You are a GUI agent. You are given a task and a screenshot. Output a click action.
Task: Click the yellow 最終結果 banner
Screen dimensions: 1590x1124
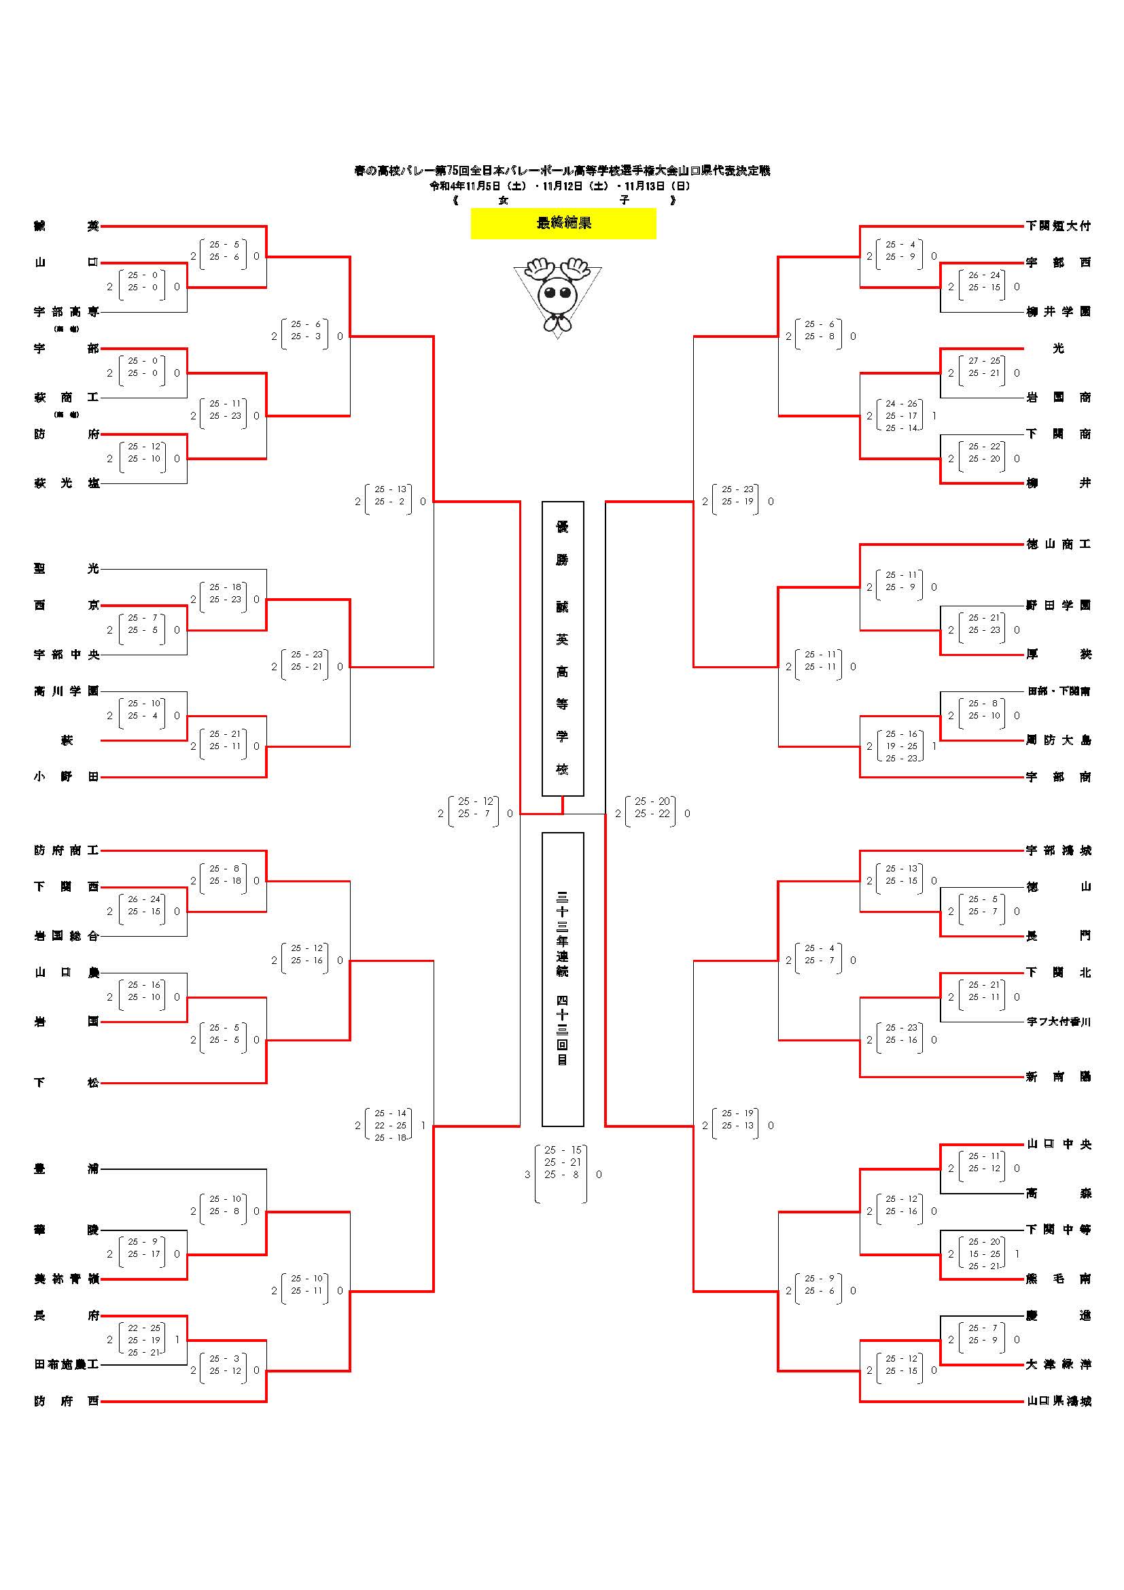[x=563, y=223]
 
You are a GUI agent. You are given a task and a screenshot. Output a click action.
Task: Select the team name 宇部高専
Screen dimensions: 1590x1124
[x=67, y=311]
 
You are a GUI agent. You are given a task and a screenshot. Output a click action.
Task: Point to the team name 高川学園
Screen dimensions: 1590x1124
[x=67, y=691]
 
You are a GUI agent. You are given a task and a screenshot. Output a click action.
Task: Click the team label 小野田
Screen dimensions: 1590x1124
[x=67, y=777]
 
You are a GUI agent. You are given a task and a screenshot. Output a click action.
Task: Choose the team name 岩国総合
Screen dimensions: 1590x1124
[x=67, y=935]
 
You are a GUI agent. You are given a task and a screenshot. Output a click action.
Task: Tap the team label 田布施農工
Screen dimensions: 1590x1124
[x=67, y=1364]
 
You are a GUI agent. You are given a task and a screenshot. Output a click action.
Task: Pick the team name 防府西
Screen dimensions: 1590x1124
[x=67, y=1402]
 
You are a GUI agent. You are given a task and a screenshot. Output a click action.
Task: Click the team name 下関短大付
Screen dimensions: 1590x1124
[x=1058, y=226]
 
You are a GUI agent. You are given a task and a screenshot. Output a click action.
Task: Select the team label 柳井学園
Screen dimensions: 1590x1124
[x=1058, y=311]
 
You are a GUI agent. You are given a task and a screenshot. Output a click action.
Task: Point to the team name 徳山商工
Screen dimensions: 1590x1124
[x=1058, y=545]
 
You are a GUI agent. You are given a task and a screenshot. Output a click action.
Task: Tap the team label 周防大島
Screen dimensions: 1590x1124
[x=1058, y=740]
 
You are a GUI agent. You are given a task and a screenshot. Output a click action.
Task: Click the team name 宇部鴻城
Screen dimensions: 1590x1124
[x=1058, y=850]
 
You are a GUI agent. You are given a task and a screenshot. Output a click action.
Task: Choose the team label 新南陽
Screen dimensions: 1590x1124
[x=1058, y=1077]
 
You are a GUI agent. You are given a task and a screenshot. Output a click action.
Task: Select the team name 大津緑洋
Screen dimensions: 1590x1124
[x=1058, y=1364]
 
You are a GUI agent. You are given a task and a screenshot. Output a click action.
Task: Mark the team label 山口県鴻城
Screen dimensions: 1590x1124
[x=1058, y=1402]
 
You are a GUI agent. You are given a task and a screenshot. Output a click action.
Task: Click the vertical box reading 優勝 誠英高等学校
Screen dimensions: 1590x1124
[x=562, y=649]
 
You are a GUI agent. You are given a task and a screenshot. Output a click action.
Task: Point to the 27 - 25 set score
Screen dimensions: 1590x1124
[x=983, y=361]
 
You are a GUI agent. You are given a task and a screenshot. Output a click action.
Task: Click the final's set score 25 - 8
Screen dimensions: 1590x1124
[x=561, y=1175]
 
